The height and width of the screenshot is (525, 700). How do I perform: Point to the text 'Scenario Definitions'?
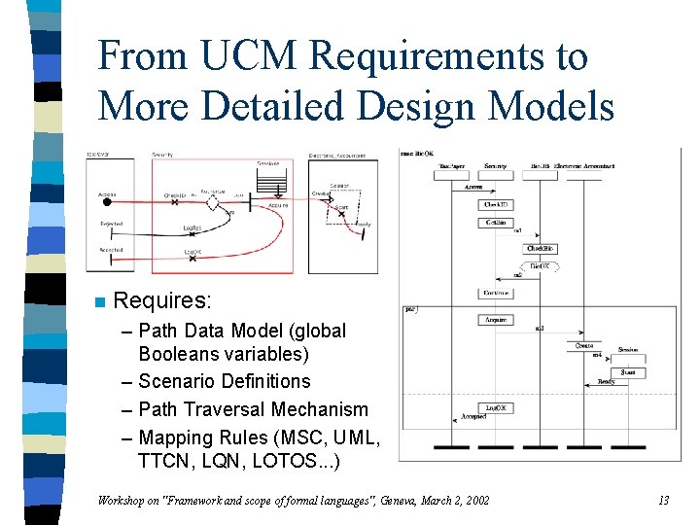tap(225, 381)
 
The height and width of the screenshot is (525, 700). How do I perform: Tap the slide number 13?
tap(663, 501)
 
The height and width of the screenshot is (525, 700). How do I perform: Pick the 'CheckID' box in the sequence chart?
tap(496, 205)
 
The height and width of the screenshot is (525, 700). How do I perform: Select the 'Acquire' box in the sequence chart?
tap(496, 320)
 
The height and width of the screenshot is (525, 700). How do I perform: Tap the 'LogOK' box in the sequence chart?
tap(496, 408)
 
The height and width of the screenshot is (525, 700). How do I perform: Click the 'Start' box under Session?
tap(628, 372)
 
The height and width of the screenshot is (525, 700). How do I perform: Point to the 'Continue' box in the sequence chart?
tap(496, 293)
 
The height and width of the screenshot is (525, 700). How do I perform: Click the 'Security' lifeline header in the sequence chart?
tap(496, 167)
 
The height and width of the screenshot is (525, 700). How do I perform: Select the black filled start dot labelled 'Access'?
tap(108, 203)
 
